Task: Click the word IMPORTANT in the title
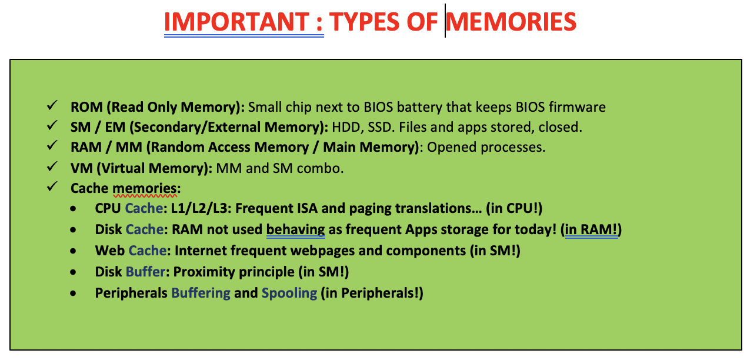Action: (237, 22)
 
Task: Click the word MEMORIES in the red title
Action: (511, 22)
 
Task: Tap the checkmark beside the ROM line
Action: (52, 105)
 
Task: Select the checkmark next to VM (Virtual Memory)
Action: (52, 166)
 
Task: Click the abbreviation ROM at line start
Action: (86, 107)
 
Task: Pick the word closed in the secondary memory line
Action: (560, 128)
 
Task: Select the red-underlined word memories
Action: (145, 188)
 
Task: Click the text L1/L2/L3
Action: (199, 208)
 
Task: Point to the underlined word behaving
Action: (295, 229)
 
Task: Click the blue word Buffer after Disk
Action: (145, 272)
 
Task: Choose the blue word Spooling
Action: (289, 294)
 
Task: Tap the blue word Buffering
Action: (201, 294)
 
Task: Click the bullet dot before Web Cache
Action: (74, 251)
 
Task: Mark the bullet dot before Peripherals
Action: (74, 294)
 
